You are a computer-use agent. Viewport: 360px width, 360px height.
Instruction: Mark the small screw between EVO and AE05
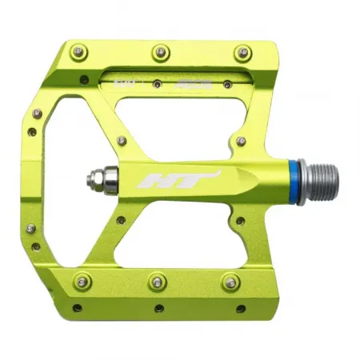tap(158, 82)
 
